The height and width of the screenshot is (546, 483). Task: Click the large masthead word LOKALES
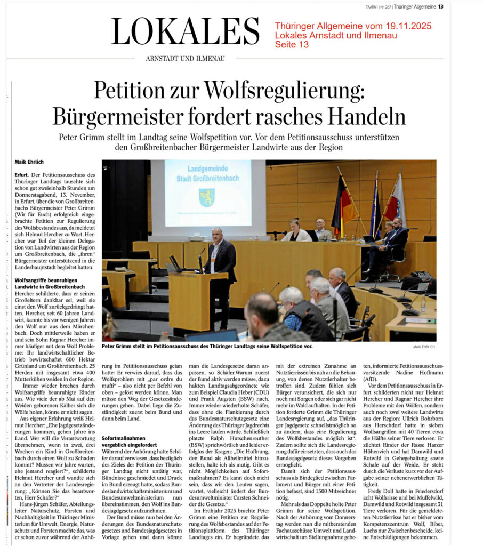(185, 31)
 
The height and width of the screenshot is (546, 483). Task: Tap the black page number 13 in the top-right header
(440, 6)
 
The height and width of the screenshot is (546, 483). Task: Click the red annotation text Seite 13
(292, 45)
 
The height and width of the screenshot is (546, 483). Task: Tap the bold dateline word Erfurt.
(22, 175)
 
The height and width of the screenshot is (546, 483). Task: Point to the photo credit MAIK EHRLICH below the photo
(424, 347)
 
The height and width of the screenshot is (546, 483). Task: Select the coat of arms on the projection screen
(207, 197)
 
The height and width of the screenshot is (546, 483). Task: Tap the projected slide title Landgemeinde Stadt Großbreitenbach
(207, 173)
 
